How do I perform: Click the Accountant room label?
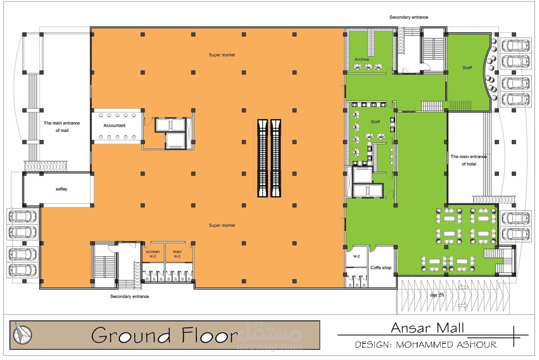click(114, 126)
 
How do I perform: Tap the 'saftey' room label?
click(61, 189)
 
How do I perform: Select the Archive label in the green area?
click(361, 59)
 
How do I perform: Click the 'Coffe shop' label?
click(381, 268)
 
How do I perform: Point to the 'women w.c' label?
click(153, 254)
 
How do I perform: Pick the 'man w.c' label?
click(177, 254)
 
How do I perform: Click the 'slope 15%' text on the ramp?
click(437, 295)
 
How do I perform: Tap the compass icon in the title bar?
click(22, 334)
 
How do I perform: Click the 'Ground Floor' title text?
click(165, 335)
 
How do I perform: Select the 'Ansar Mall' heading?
click(427, 328)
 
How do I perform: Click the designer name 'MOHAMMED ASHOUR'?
click(446, 345)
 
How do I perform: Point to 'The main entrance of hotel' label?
click(469, 160)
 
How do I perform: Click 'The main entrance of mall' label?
click(61, 127)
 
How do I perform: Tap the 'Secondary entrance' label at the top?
click(409, 17)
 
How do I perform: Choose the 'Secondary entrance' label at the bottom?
click(129, 296)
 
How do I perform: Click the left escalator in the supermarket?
click(263, 158)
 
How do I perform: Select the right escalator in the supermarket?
click(276, 158)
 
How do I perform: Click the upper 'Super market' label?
click(222, 55)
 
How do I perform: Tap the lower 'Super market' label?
click(222, 225)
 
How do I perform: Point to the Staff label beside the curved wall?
click(467, 68)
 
